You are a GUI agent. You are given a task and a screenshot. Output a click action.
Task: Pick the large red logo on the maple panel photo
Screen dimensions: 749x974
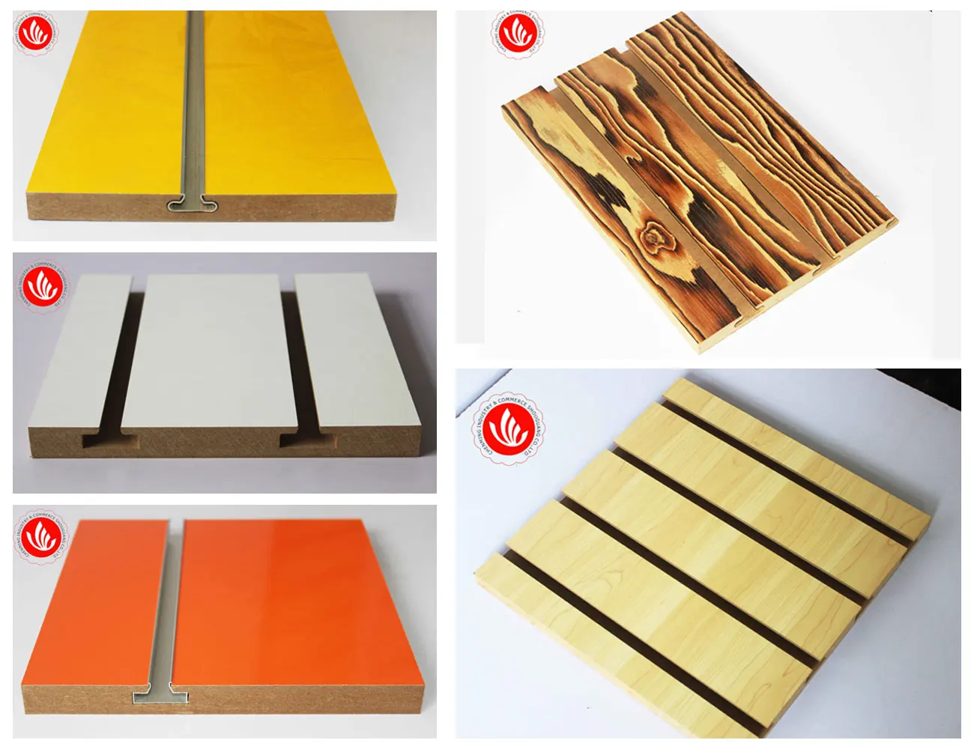point(509,430)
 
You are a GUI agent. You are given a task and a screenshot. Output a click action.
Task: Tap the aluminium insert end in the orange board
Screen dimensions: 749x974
point(160,694)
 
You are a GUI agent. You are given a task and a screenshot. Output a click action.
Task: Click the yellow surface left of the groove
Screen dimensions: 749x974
point(112,112)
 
